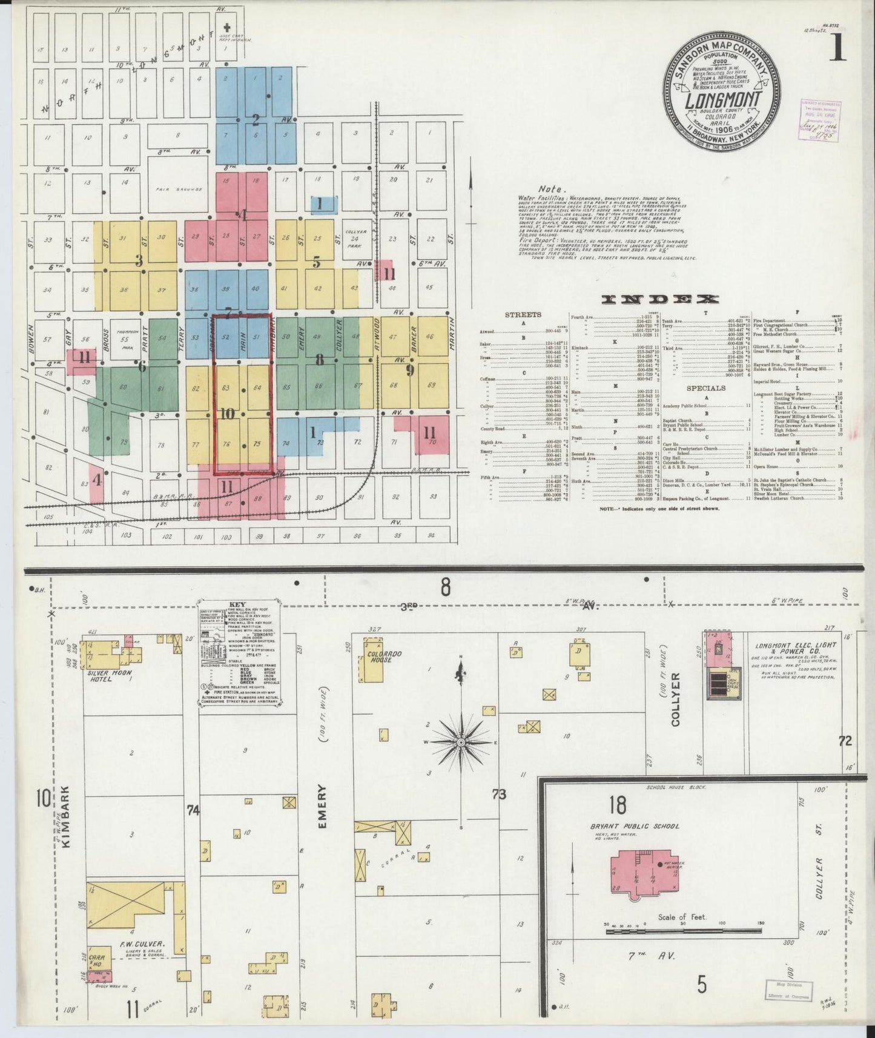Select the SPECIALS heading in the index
point(706,388)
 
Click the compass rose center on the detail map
point(461,742)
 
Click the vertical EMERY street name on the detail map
point(321,806)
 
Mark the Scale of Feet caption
point(682,917)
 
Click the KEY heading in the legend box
point(236,606)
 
